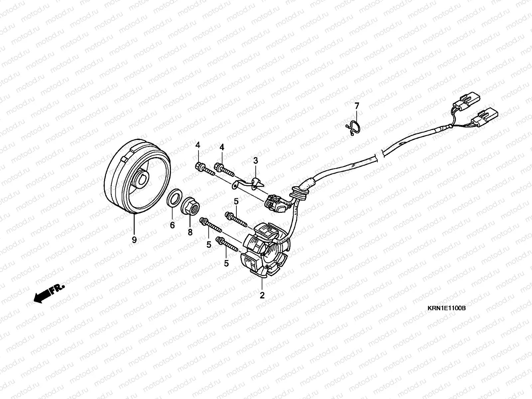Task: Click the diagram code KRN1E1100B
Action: [446, 309]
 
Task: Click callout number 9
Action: [134, 240]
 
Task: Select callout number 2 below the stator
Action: [262, 295]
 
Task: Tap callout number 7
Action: [357, 106]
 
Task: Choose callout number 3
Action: [255, 161]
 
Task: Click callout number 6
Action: [172, 225]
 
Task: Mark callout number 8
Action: [190, 232]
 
